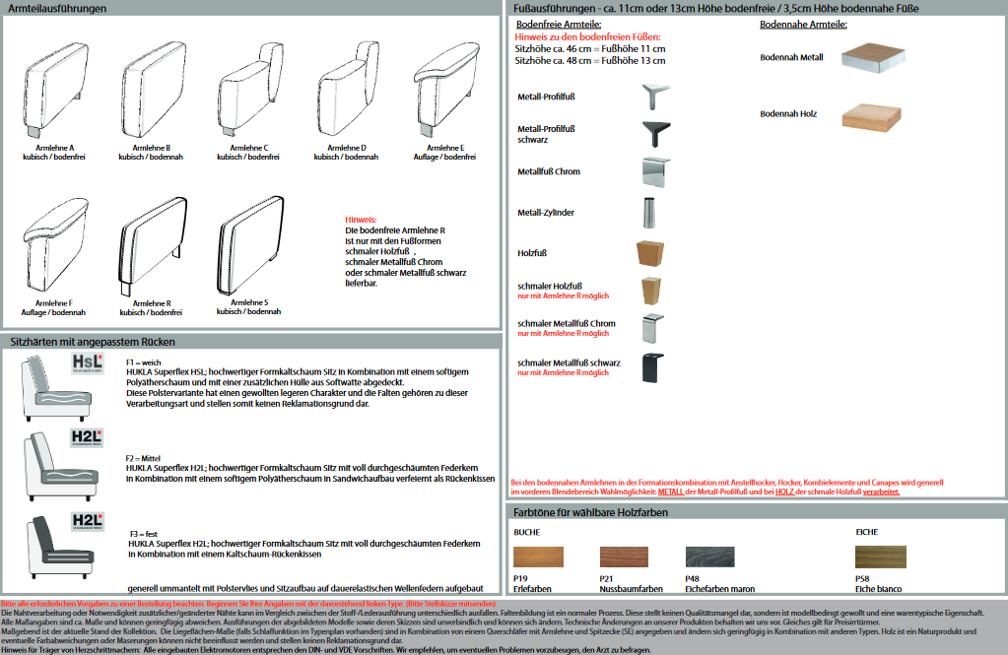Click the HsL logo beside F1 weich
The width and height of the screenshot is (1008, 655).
(88, 363)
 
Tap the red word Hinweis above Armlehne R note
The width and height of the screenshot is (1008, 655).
(361, 220)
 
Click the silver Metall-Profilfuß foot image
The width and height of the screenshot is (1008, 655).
(657, 97)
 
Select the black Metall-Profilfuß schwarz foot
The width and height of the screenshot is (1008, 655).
(657, 133)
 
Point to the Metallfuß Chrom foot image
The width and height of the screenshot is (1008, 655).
(657, 171)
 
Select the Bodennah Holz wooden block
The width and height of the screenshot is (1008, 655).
(872, 115)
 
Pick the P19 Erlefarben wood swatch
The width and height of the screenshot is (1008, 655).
(538, 557)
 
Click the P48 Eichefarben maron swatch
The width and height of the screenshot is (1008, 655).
(709, 557)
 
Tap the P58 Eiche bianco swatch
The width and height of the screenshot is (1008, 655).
(880, 557)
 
